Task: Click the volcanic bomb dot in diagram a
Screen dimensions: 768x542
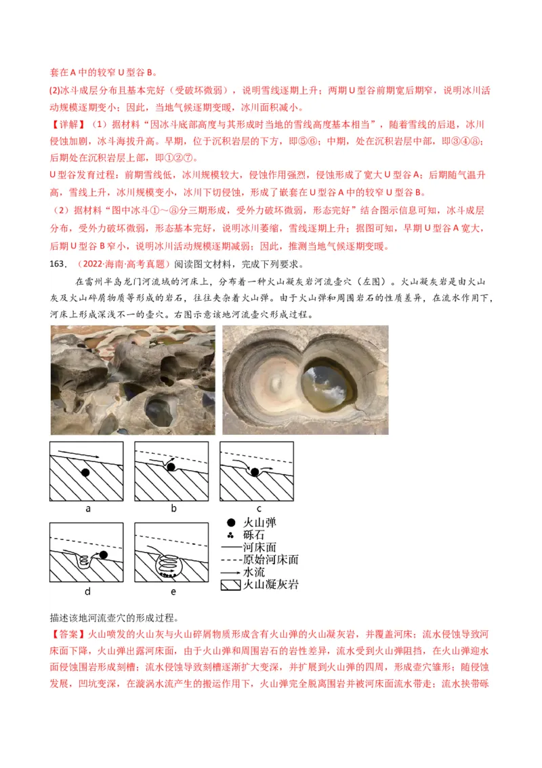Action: [84, 472]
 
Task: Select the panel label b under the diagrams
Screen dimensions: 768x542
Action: [173, 507]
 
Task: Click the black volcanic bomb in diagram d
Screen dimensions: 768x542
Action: [103, 555]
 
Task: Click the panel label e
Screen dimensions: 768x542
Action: [173, 591]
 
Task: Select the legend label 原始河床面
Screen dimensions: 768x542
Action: [270, 560]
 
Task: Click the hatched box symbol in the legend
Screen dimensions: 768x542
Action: [231, 584]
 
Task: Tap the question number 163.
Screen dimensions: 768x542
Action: [60, 264]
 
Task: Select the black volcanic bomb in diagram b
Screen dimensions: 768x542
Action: [171, 467]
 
